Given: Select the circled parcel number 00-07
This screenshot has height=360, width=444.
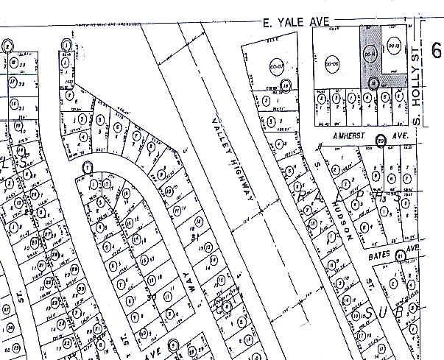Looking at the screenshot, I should (277, 64).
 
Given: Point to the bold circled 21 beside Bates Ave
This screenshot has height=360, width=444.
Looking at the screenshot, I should (399, 256).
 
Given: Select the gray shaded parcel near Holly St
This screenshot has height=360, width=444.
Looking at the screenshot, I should (370, 44).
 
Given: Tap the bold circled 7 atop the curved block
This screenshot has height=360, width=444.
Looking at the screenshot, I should (88, 167).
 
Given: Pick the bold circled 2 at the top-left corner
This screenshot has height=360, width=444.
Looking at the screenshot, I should (8, 45).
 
